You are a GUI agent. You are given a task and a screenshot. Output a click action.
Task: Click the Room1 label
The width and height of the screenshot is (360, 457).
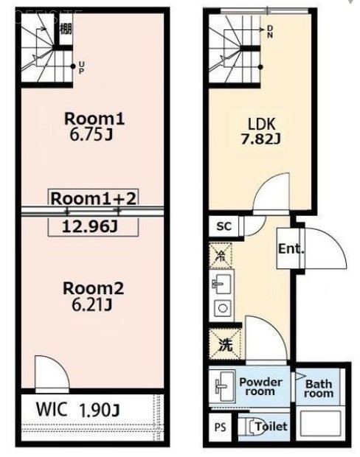92,118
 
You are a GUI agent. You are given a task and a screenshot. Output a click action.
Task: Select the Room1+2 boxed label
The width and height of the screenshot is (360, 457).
93,197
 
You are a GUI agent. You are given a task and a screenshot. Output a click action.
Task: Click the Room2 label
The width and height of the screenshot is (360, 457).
92,288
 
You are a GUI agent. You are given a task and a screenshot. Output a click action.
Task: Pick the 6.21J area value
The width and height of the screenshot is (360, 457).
92,304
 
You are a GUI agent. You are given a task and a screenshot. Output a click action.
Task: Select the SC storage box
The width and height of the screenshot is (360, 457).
224,226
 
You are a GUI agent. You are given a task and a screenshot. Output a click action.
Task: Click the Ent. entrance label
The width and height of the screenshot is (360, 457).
291,248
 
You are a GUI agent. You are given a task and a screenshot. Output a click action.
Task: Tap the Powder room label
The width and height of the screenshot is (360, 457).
260,386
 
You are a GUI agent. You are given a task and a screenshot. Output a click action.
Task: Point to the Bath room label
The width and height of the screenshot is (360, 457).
319,388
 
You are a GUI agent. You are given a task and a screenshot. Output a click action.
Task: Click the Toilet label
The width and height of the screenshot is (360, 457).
271,427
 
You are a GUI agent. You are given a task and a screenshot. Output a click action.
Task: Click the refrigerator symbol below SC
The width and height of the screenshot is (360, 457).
220,257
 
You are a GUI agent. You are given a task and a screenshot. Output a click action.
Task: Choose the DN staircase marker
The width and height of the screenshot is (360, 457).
269,30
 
